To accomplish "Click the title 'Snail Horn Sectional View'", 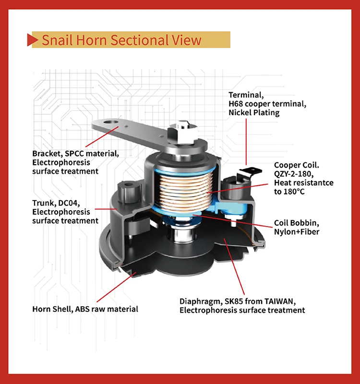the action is coord(121,40).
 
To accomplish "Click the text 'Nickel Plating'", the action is coord(253,112).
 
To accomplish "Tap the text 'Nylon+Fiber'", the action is coord(297,232).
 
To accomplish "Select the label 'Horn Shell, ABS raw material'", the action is coord(85,309).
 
